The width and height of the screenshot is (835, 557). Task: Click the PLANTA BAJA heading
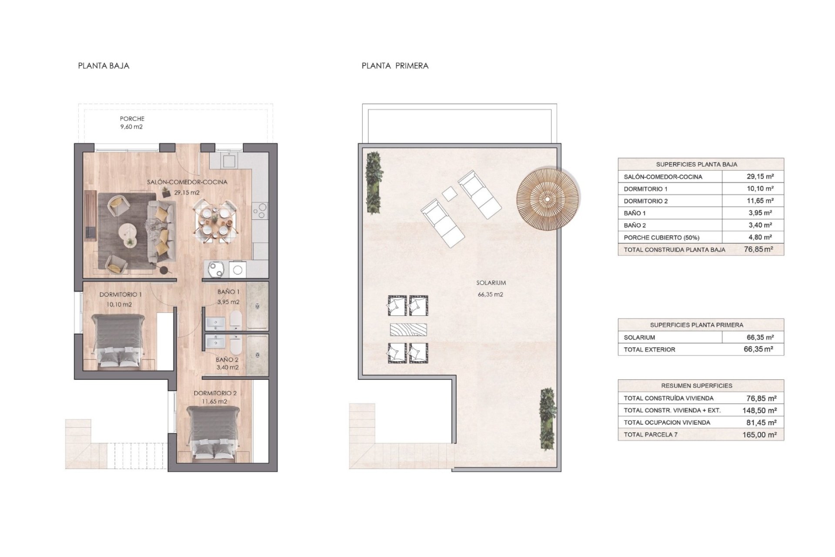tap(104, 66)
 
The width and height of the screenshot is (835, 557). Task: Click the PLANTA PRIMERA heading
tap(395, 66)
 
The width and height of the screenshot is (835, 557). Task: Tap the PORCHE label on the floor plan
tap(132, 118)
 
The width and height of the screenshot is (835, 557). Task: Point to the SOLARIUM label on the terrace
tap(491, 283)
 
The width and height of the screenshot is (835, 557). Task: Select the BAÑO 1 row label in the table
tap(635, 213)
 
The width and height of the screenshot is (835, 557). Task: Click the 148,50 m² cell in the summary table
tap(760, 410)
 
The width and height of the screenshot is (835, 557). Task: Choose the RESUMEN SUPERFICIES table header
tap(697, 386)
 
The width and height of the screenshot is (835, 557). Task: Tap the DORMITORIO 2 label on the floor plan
tap(215, 393)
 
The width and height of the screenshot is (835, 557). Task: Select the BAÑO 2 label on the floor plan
tap(227, 359)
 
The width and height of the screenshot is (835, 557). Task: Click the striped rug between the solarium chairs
tap(408, 329)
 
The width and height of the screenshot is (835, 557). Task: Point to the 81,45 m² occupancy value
tap(761, 423)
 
